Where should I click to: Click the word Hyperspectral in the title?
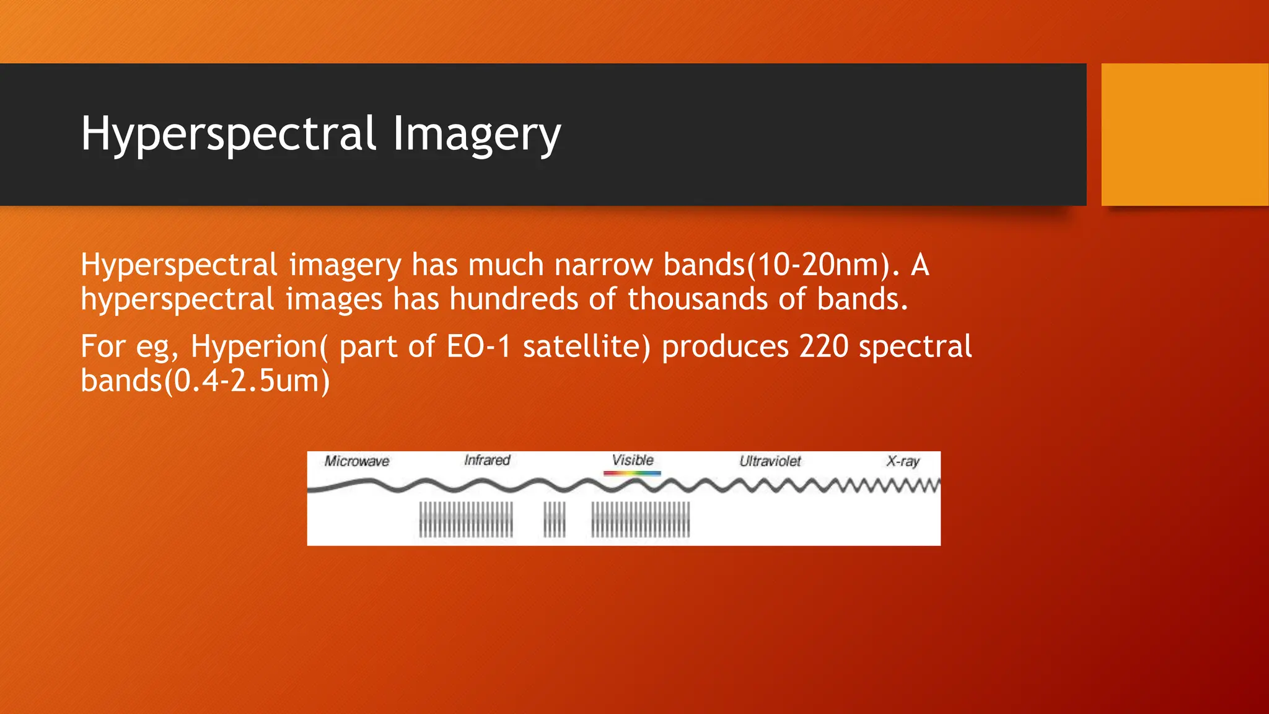pos(229,134)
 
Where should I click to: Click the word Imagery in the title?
pos(476,134)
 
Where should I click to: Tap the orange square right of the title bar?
pos(1185,134)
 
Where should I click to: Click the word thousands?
pos(698,299)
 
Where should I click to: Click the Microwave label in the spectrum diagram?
pos(357,461)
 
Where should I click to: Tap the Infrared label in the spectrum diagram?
pos(487,461)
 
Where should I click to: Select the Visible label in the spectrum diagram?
pos(633,461)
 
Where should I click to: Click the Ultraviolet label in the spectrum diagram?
pos(770,461)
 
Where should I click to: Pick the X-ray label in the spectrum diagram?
pos(903,461)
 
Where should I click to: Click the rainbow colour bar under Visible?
pos(632,474)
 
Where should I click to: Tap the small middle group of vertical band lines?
pos(555,519)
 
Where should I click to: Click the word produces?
pos(725,346)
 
